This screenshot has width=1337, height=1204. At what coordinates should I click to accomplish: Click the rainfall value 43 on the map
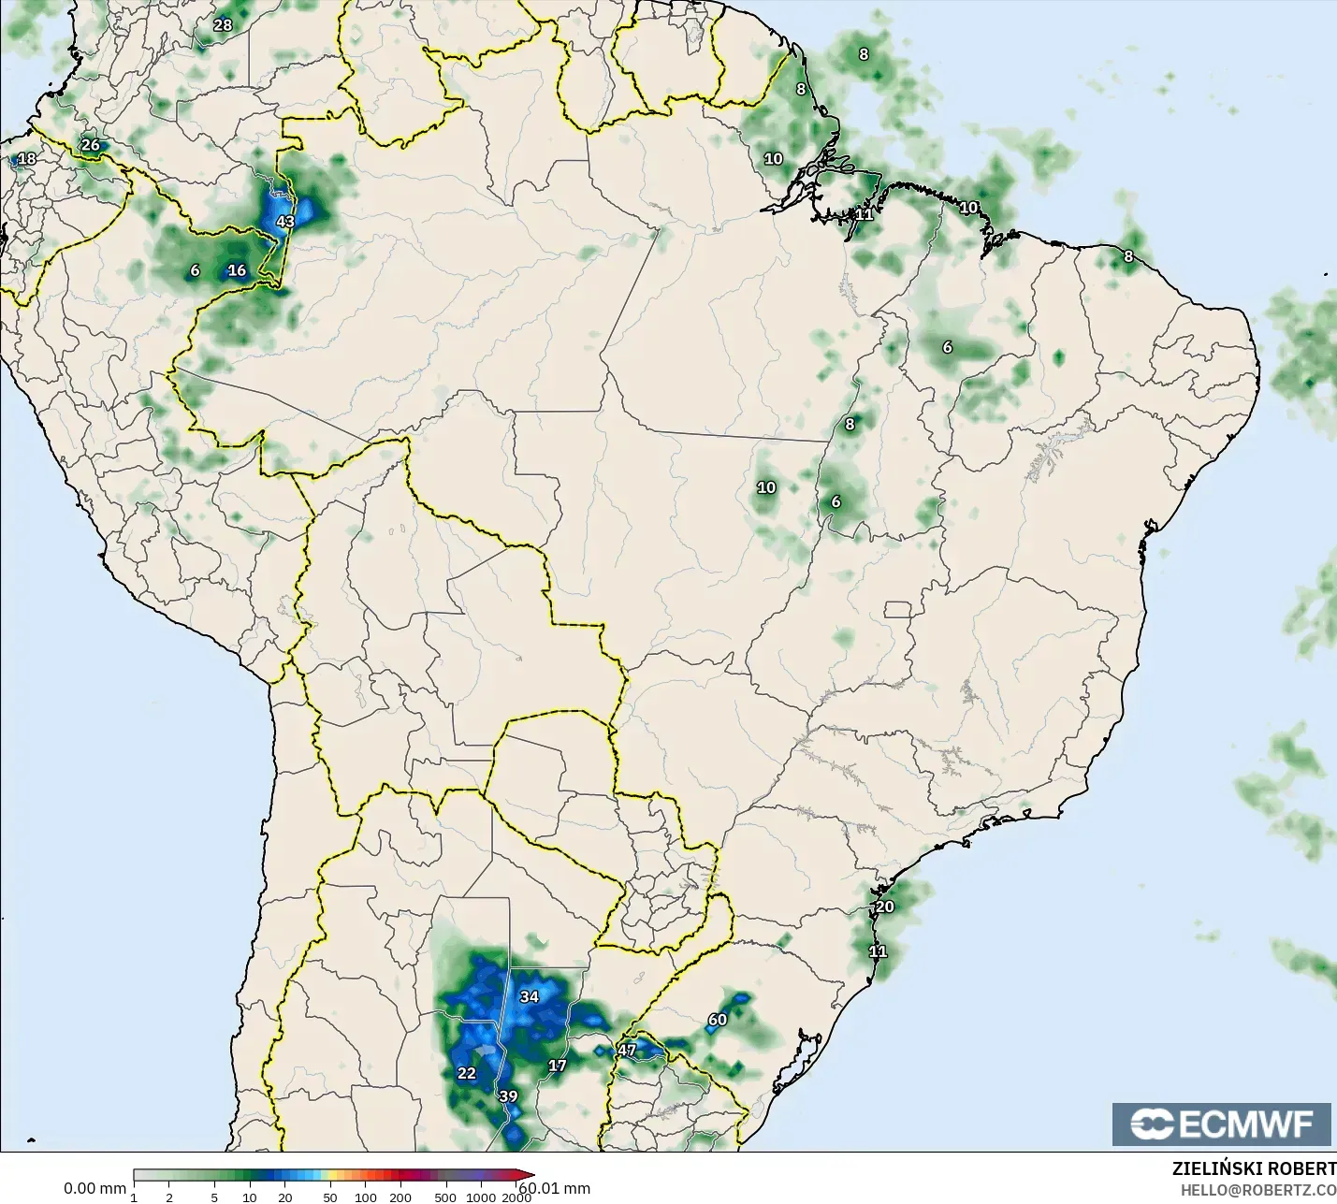click(x=285, y=222)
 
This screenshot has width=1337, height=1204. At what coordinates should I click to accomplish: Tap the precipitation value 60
click(x=718, y=1020)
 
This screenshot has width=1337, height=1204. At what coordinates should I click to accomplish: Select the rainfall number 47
click(x=627, y=1051)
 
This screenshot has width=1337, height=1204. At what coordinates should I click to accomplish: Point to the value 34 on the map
click(x=530, y=996)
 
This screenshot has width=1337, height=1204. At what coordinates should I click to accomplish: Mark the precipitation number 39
click(x=508, y=1096)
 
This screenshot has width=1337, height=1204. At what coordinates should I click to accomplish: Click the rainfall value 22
click(x=467, y=1073)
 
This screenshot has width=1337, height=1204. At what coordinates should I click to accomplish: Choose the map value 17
click(x=557, y=1066)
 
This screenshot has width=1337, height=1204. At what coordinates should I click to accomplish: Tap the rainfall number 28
click(x=223, y=25)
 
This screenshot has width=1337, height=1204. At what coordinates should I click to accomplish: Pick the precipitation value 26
click(x=90, y=145)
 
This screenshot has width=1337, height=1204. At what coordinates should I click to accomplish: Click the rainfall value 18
click(x=27, y=159)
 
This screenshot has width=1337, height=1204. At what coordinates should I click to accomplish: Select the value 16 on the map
click(x=237, y=270)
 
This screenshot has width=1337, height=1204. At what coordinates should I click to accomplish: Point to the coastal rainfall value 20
click(x=884, y=907)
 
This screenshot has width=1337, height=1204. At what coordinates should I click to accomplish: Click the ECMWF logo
click(x=1221, y=1124)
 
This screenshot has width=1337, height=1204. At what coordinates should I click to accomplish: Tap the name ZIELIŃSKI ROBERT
click(x=1254, y=1169)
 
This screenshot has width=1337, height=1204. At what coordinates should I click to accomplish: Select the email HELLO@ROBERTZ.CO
click(x=1257, y=1190)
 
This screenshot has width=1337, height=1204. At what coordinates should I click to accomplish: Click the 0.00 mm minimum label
click(x=94, y=1188)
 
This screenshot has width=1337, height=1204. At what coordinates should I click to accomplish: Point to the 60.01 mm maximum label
click(x=556, y=1188)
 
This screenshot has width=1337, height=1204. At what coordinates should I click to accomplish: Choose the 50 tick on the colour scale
click(x=329, y=1197)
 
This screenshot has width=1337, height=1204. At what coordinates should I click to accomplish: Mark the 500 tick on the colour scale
click(x=445, y=1197)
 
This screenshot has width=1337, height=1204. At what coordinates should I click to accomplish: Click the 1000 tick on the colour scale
click(x=481, y=1197)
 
